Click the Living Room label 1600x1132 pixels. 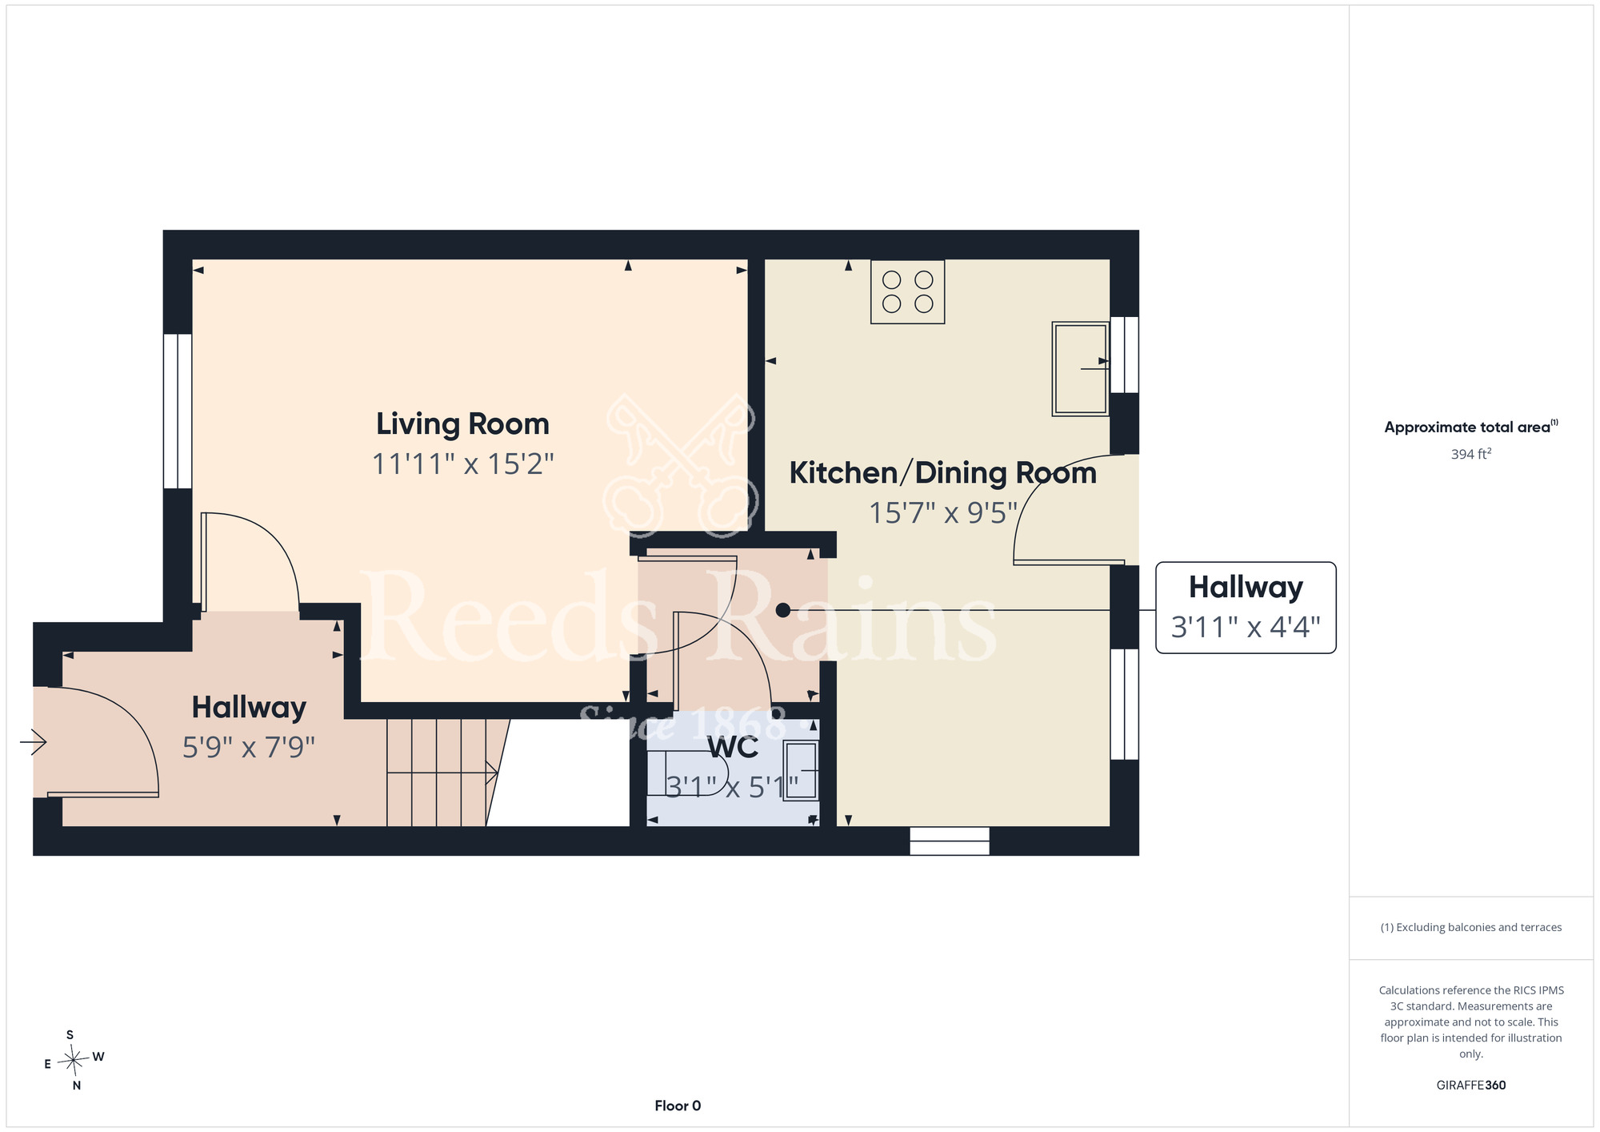(462, 424)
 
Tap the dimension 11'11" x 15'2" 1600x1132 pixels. (462, 464)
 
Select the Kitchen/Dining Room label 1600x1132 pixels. (942, 473)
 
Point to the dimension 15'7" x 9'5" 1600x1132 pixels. (943, 513)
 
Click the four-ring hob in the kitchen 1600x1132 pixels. (907, 291)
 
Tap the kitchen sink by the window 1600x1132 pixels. (1081, 368)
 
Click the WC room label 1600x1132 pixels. (733, 747)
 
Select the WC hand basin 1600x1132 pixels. (801, 771)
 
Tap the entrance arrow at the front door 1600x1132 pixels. (34, 742)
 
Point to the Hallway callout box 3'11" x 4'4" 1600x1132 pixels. (1246, 608)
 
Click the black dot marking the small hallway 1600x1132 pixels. (783, 610)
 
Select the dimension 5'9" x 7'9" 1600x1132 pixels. (249, 748)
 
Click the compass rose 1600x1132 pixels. (74, 1061)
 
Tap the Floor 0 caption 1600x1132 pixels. (678, 1106)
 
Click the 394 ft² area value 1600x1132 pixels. (1471, 454)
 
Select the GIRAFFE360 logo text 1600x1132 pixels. (1471, 1086)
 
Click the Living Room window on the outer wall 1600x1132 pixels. (178, 411)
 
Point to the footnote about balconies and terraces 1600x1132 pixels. (1471, 927)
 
